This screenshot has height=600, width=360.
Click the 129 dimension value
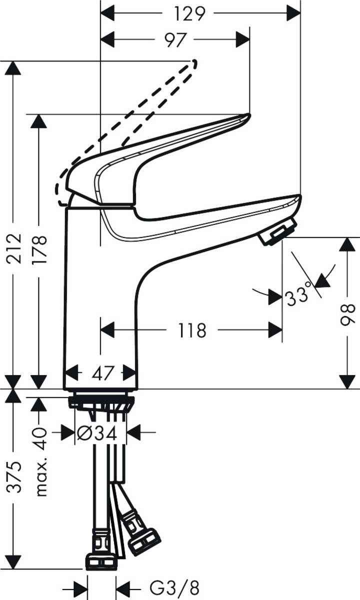(191, 13)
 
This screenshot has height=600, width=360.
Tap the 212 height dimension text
(17, 250)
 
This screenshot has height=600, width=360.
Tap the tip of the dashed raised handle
(194, 62)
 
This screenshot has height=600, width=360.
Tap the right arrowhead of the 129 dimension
(293, 13)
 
